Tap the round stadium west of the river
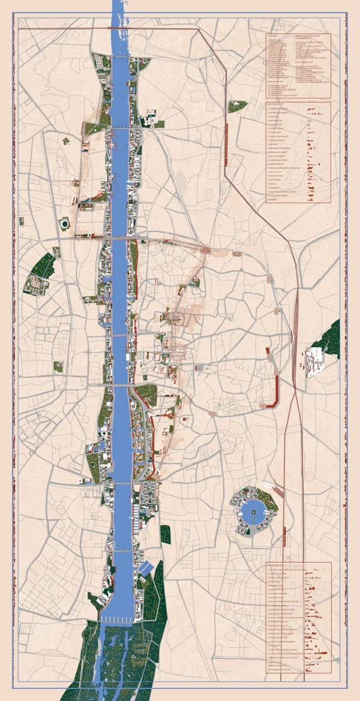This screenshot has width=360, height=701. point(64,224)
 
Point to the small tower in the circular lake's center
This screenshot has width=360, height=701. point(254,512)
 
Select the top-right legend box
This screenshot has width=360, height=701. point(298,65)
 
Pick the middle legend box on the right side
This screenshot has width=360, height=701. point(298,153)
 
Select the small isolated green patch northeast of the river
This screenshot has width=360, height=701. point(238,106)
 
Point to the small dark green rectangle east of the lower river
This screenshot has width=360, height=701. point(166,534)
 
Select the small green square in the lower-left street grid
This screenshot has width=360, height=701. point(58,366)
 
